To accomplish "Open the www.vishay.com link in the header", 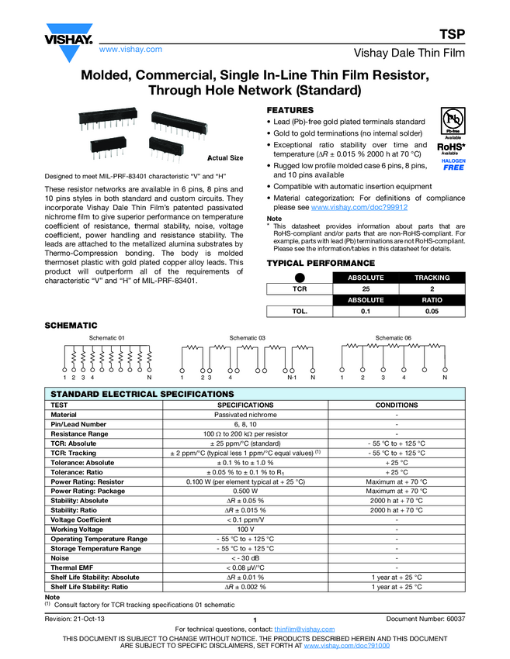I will pos(130,49).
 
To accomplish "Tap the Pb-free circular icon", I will pos(453,122).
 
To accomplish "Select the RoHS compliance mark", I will pos(451,147).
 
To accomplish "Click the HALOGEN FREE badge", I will pos(454,164).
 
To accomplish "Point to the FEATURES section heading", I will pos(290,111).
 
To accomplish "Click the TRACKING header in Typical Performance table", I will pos(432,277).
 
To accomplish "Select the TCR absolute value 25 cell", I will pos(366,288).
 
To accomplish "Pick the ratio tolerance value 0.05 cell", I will pos(432,311).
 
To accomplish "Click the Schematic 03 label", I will pos(248,338).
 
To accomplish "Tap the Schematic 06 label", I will pos(394,338).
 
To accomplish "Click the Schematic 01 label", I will pos(107,338).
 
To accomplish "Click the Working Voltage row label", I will pos(81,530).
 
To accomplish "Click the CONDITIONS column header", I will pos(397,405).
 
